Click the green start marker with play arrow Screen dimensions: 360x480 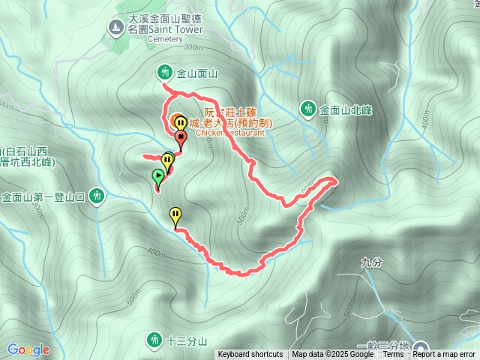click(x=158, y=177)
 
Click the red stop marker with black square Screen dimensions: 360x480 click(x=181, y=138)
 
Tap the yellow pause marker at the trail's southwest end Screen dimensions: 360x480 click(x=175, y=215)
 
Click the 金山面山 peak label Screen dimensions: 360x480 click(x=196, y=73)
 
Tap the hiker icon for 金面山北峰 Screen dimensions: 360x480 click(x=308, y=109)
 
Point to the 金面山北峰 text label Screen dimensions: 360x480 click(x=346, y=110)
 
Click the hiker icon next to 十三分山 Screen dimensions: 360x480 click(x=154, y=340)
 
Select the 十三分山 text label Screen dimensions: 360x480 click(x=186, y=341)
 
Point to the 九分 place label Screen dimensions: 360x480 click(x=371, y=262)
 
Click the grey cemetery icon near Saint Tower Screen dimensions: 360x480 click(x=115, y=28)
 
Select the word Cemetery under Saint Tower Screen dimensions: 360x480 click(x=165, y=38)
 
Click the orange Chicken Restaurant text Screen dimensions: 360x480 click(x=230, y=133)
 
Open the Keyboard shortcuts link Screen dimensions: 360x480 click(x=250, y=355)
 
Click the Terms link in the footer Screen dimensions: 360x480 click(x=393, y=355)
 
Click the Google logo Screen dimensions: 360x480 click(x=28, y=349)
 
